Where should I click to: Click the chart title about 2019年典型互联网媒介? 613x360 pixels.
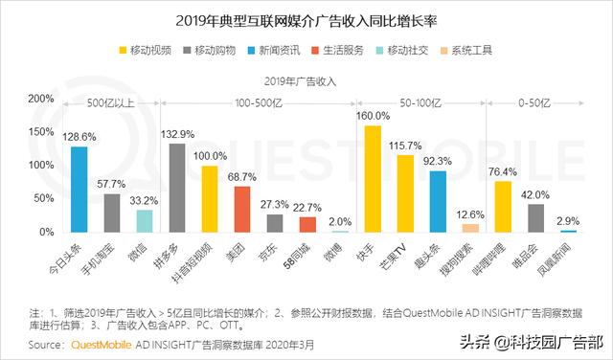click(x=306, y=18)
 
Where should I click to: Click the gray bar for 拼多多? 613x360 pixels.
click(x=176, y=188)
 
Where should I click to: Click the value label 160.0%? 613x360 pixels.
click(x=373, y=116)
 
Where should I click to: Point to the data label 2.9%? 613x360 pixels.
click(x=569, y=221)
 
